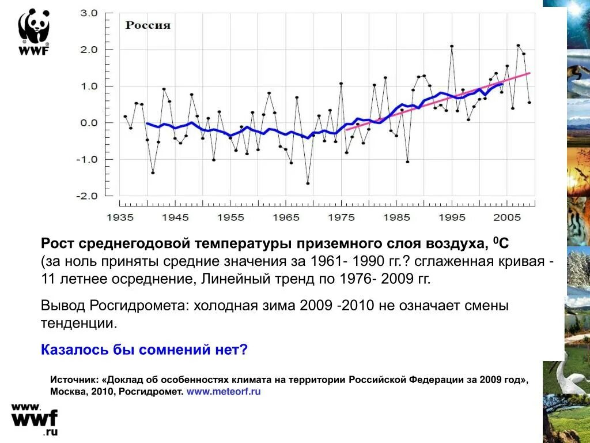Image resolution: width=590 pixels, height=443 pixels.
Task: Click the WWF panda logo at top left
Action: click(34, 32)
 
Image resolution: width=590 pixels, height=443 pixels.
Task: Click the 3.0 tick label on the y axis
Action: click(89, 13)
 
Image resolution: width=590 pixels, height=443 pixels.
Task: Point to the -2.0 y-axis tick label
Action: click(87, 196)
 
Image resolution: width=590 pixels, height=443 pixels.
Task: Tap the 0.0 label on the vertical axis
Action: click(89, 122)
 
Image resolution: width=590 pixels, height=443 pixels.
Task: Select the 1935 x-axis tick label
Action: click(120, 217)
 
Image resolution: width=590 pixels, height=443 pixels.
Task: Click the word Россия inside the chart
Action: click(148, 25)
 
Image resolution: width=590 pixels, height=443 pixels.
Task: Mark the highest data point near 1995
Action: click(452, 46)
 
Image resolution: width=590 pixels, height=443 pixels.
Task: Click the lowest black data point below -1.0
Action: click(308, 183)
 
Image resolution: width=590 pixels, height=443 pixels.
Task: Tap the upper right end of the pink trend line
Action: click(529, 73)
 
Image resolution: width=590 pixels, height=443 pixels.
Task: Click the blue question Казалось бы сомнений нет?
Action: click(144, 350)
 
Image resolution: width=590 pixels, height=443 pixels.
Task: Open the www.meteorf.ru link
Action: click(224, 392)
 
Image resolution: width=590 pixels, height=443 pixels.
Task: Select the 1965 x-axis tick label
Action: click(286, 217)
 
